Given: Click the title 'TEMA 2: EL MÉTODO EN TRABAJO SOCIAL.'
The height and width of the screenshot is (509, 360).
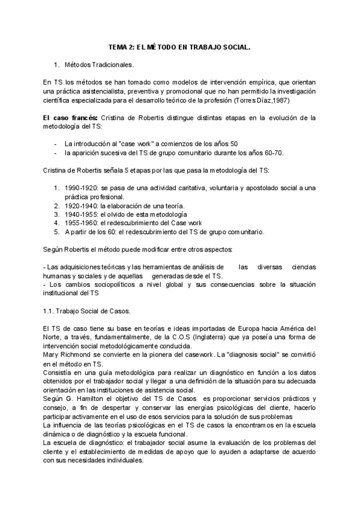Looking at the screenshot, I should (179, 46).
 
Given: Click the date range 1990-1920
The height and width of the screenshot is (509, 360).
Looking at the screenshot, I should (82, 188).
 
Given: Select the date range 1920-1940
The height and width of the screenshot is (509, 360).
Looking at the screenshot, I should (82, 206).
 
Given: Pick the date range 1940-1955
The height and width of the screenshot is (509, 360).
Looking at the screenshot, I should (82, 214).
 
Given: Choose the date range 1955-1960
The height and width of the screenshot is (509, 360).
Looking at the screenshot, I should (82, 223).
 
